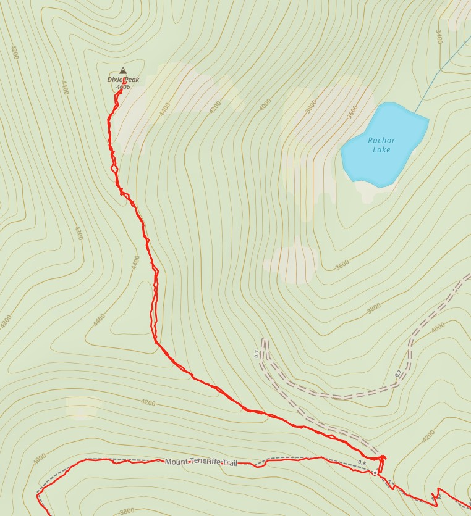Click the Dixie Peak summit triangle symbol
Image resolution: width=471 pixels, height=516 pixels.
[x=122, y=70]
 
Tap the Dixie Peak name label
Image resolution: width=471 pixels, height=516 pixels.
[x=124, y=80]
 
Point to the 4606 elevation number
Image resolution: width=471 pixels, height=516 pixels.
[x=122, y=87]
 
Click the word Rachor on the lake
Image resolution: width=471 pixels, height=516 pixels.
[x=381, y=140]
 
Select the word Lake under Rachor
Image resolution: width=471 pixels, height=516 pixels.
[x=381, y=149]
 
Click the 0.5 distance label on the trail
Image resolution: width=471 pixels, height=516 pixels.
[x=362, y=463]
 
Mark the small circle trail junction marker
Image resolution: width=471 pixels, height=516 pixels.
[x=375, y=472]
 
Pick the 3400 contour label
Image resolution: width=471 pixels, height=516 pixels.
[x=439, y=37]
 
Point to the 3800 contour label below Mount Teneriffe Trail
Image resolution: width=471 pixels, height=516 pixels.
[x=126, y=511]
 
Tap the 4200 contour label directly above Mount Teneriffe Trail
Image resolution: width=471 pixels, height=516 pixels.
[x=148, y=402]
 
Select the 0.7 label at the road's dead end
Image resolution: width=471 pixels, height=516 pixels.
[x=257, y=354]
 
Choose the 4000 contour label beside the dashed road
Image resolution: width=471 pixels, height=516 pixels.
[x=438, y=328]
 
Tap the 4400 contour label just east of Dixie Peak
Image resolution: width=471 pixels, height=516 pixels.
[x=164, y=109]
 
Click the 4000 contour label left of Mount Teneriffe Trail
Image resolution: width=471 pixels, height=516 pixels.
[x=39, y=459]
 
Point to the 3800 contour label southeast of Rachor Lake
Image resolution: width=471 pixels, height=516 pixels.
[x=373, y=307]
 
